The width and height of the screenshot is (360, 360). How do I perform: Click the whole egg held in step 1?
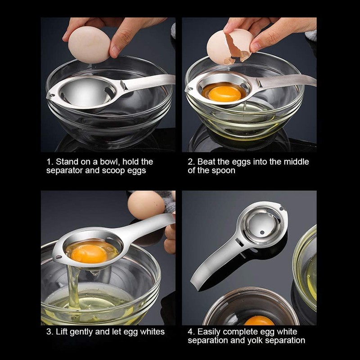90,44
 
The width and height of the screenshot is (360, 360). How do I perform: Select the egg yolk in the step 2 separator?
225,93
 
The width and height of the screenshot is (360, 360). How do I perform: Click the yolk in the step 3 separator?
89,253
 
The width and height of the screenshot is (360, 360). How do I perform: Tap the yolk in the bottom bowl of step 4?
259,321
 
